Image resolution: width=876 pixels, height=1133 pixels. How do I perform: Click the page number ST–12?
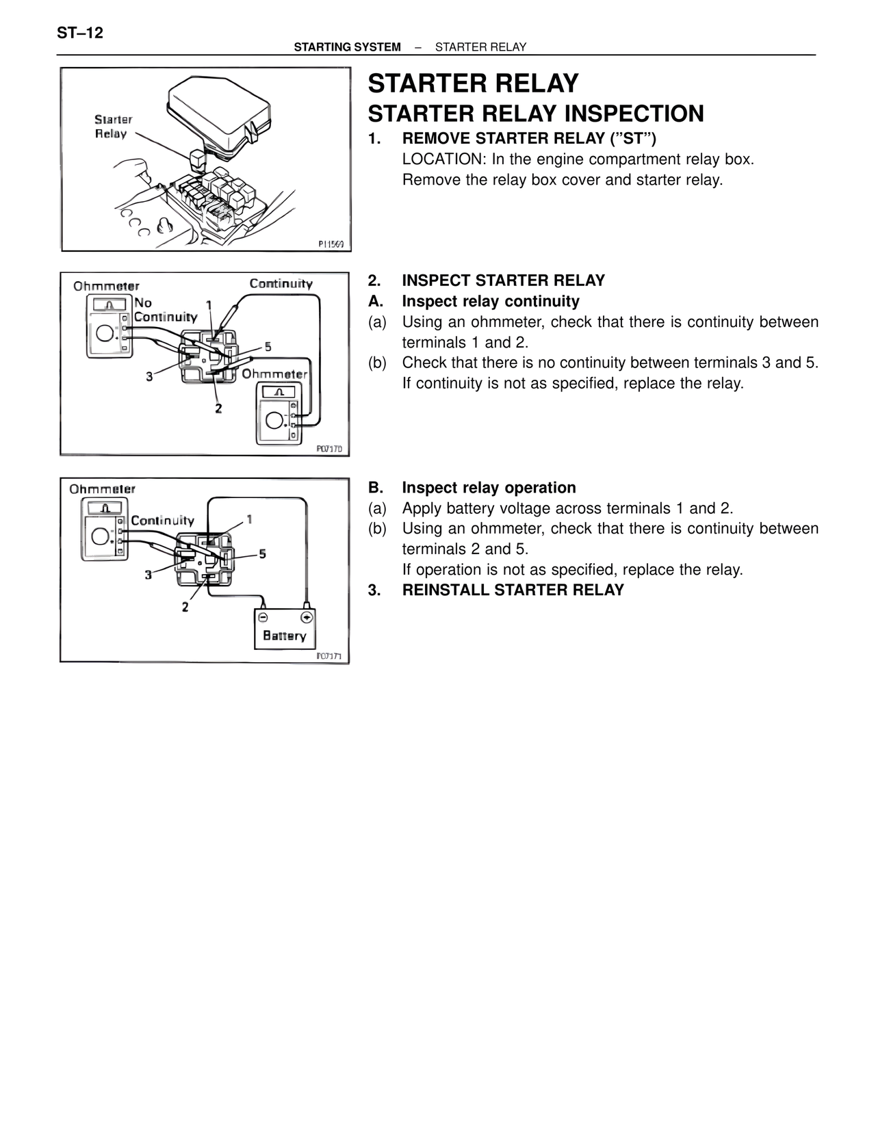point(80,33)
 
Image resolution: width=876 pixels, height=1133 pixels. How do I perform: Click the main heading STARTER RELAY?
point(473,83)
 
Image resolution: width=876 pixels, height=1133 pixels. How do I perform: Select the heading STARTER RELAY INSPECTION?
point(536,114)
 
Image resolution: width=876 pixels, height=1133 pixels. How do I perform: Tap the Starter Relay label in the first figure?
point(112,127)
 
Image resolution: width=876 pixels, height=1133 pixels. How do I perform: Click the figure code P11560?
point(331,244)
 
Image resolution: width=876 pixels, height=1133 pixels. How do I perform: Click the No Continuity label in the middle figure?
point(164,310)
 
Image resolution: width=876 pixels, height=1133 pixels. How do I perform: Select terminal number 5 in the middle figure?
point(268,347)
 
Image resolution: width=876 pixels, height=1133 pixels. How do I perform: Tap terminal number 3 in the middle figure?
point(149,376)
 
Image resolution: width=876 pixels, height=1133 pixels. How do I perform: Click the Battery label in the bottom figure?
point(284,636)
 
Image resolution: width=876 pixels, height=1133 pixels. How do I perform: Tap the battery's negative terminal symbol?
point(263,617)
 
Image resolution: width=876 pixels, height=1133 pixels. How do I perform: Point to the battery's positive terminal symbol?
point(307,617)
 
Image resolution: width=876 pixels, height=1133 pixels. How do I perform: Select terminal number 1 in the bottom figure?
point(250,519)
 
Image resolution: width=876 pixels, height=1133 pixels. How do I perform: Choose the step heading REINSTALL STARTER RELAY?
point(513,590)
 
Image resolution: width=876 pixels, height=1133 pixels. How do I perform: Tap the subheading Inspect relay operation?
point(489,488)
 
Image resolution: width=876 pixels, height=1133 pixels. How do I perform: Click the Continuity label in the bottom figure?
point(162,521)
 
